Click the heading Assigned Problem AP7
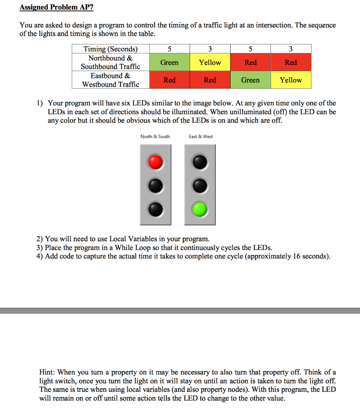(x=56, y=8)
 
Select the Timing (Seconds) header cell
(x=110, y=49)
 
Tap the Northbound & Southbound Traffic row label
(x=110, y=62)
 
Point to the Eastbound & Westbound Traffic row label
(x=110, y=80)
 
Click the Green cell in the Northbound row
(x=169, y=63)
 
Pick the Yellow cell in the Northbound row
(x=210, y=63)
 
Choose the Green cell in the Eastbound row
(x=250, y=80)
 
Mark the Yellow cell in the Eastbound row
(x=291, y=80)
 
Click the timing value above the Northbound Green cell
(x=169, y=49)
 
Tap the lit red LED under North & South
(x=156, y=162)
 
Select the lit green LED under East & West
(x=200, y=208)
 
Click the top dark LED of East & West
(x=200, y=162)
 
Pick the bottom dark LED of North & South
(x=156, y=208)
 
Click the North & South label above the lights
(x=155, y=137)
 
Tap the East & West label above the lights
(x=201, y=137)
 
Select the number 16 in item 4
(x=296, y=256)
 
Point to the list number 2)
(x=39, y=239)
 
